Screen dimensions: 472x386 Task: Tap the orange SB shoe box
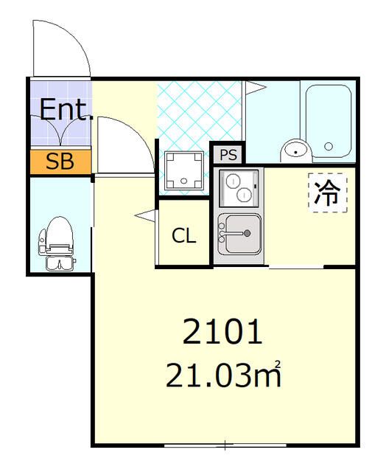point(60,162)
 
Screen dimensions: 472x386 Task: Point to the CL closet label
point(184,236)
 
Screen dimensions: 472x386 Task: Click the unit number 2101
point(222,333)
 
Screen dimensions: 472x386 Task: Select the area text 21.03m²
point(224,376)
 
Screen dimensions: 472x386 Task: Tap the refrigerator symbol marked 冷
point(327,193)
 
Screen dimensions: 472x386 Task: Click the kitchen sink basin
point(237,232)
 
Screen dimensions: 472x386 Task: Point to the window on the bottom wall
point(225,445)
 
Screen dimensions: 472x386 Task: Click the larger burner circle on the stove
point(243,195)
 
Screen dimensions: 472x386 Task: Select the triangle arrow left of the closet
point(145,215)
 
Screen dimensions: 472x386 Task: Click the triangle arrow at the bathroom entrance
point(255,88)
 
